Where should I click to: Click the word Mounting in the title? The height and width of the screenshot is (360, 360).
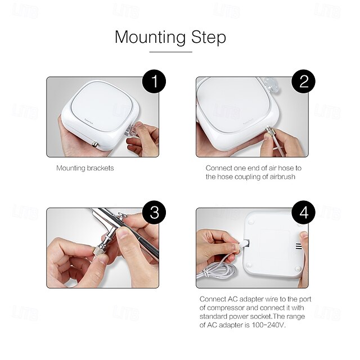150,37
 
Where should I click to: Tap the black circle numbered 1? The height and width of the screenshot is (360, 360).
154,82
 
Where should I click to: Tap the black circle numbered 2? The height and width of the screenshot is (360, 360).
304,82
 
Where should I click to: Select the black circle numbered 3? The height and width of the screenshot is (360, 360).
154,213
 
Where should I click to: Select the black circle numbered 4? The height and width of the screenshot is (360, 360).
304,213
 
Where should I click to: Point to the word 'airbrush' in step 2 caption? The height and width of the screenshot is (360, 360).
281,177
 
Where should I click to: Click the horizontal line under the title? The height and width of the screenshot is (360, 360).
170,52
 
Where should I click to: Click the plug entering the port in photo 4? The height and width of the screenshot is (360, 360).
244,244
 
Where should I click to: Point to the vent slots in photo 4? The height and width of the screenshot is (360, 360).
299,246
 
